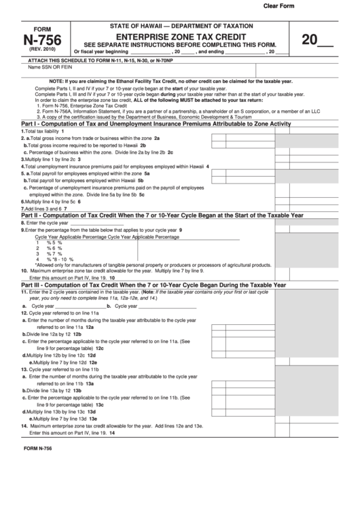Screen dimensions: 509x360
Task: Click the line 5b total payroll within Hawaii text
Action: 84,181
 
